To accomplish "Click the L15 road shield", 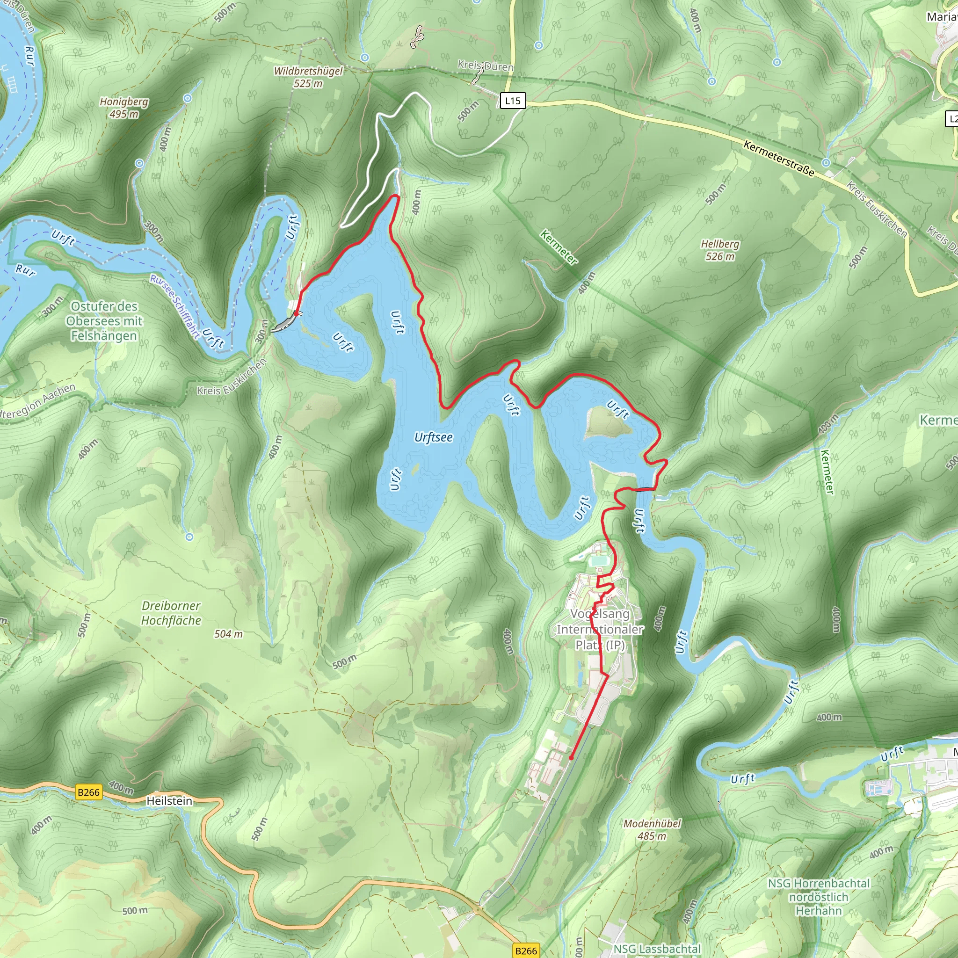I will click(512, 101).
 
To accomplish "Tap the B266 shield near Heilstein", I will click(89, 792).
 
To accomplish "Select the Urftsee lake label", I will click(433, 437).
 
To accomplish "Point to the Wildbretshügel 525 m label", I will click(308, 77).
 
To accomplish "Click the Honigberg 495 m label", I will click(124, 108).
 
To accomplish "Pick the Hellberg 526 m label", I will click(719, 250).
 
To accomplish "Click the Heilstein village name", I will click(169, 801).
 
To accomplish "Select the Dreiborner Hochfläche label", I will click(171, 613).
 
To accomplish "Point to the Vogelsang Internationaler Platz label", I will click(600, 629).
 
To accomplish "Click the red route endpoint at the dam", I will click(296, 313).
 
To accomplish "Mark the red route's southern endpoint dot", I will click(571, 758).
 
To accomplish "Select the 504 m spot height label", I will click(229, 634).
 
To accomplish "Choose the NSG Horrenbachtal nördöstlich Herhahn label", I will click(819, 897).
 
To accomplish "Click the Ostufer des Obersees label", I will click(104, 321).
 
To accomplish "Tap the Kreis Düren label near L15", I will click(486, 66).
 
